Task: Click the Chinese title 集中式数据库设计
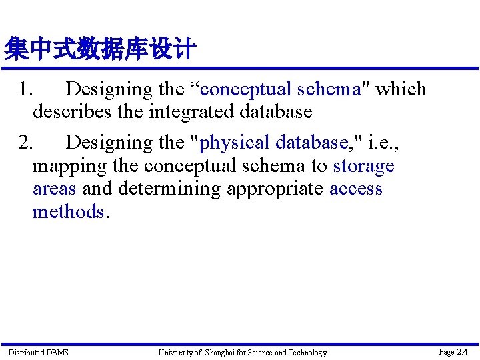coord(100,49)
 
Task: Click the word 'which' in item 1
coord(401,89)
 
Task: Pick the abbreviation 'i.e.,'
coord(384,143)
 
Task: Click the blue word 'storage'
coord(363,165)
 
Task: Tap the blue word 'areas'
coord(55,189)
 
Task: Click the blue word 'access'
coord(356,189)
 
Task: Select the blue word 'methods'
coord(68,212)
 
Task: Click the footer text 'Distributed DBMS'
coord(38,352)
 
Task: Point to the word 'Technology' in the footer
coord(307,352)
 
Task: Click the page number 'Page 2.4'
coord(453,351)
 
